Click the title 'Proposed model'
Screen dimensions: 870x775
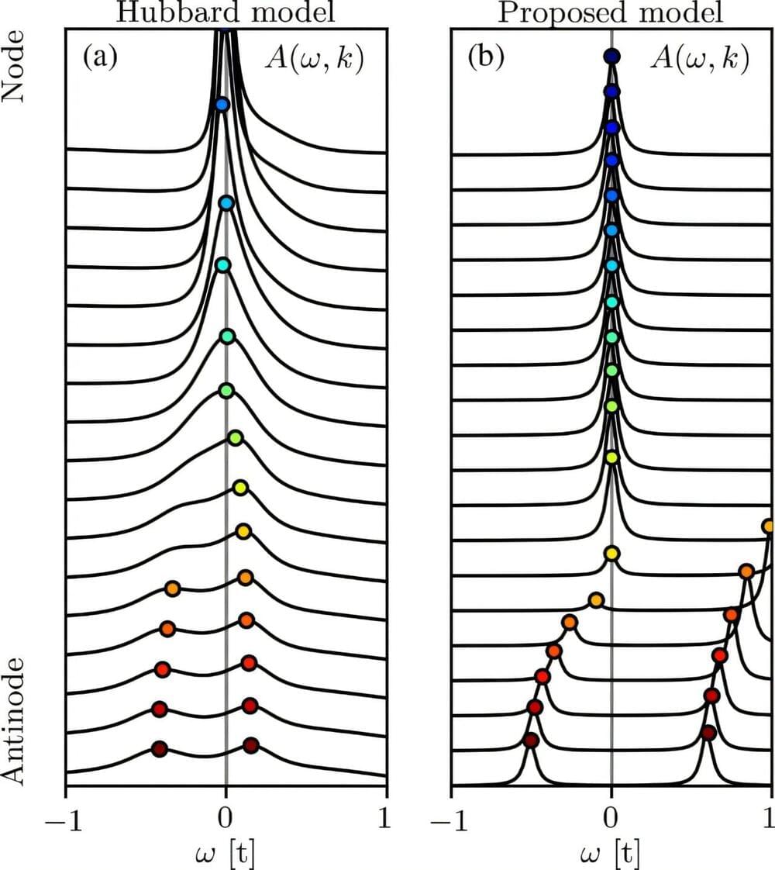pyautogui.click(x=611, y=11)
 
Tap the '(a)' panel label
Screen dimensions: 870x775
pyautogui.click(x=99, y=58)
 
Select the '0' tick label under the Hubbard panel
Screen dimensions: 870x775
pyautogui.click(x=226, y=814)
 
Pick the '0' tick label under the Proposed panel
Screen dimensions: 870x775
pyautogui.click(x=611, y=814)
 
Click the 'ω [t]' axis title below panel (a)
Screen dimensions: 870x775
pyautogui.click(x=226, y=851)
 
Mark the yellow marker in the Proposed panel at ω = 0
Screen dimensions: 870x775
pyautogui.click(x=611, y=554)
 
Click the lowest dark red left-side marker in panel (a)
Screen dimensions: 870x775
pyautogui.click(x=159, y=749)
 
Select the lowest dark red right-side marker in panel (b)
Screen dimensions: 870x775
pyautogui.click(x=708, y=733)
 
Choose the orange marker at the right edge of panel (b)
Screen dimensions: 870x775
pyautogui.click(x=769, y=526)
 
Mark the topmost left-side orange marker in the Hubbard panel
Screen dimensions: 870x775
pyautogui.click(x=173, y=589)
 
